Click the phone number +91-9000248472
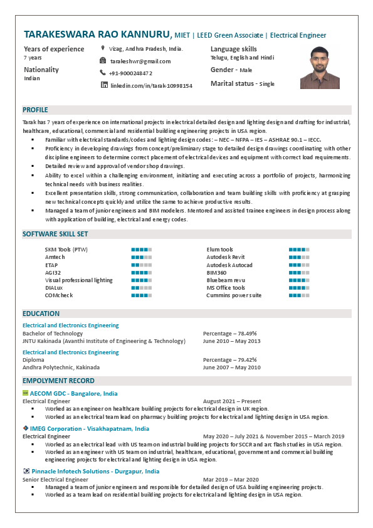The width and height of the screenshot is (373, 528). point(130,73)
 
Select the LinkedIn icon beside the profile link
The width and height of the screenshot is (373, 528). point(104,85)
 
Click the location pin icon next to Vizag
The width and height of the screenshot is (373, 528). point(103,48)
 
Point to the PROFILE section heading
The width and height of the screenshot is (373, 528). point(35,110)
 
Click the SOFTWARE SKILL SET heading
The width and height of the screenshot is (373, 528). point(55,234)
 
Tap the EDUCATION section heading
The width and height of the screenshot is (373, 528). point(41,314)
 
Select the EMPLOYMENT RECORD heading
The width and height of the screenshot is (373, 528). point(58,381)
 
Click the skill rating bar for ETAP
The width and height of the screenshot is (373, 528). point(141,265)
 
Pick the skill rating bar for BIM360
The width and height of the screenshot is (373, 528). point(299,273)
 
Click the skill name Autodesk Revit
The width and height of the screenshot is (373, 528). point(226,257)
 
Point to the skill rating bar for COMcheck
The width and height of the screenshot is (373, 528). point(141,295)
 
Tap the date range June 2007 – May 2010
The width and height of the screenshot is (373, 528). point(231,367)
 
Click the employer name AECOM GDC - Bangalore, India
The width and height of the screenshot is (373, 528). point(73,393)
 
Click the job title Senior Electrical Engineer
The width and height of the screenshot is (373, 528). point(55,479)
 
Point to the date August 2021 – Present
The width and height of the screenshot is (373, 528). point(232,401)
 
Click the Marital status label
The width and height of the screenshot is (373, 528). point(233,83)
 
